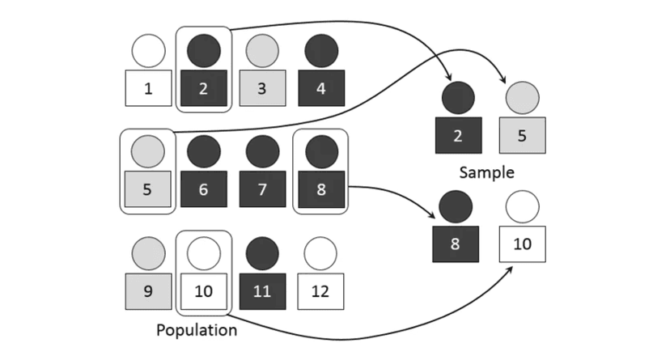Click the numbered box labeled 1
pos(147,88)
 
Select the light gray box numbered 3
pos(262,88)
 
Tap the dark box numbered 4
pos(321,88)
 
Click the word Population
pos(197,330)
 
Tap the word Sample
pos(486,172)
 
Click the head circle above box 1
pos(147,51)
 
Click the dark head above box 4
pos(321,51)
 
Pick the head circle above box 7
pos(262,151)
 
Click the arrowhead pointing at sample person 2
pos(448,77)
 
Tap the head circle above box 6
pos(204,151)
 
